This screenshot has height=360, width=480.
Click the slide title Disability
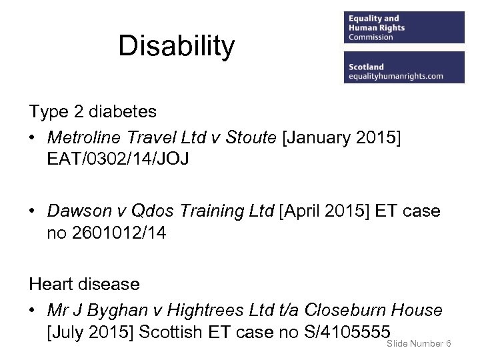click(176, 47)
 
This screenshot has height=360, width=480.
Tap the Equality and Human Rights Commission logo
click(404, 27)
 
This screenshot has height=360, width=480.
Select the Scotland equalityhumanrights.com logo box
click(404, 67)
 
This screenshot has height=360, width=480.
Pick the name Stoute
click(251, 137)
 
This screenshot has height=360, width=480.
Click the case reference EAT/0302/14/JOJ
click(118, 160)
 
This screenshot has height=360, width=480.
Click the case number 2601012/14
click(117, 233)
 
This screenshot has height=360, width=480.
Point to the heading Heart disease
click(84, 284)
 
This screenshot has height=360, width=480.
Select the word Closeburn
click(345, 310)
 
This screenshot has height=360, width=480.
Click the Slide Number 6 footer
click(419, 343)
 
